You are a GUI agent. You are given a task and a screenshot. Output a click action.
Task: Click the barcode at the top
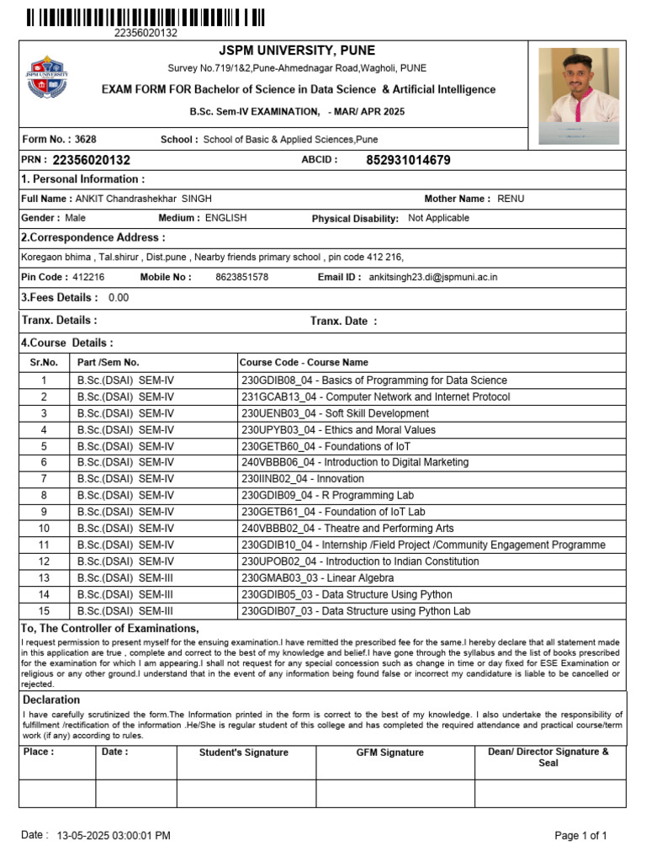(x=146, y=17)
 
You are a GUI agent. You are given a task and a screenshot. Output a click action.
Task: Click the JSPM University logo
(x=47, y=77)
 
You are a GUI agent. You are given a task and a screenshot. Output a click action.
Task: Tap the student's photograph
(x=579, y=95)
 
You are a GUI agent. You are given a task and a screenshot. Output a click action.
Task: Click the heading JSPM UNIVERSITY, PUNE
(x=297, y=51)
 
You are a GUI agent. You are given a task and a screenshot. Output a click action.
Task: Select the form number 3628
(x=85, y=139)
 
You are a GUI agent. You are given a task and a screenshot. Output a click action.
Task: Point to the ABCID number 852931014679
(x=408, y=160)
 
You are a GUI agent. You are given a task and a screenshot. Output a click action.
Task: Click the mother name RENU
(x=510, y=199)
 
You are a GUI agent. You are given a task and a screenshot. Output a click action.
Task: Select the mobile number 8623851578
(x=242, y=277)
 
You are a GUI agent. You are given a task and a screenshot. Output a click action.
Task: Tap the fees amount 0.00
(x=119, y=298)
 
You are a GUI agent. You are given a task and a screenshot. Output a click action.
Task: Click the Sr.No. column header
(x=44, y=363)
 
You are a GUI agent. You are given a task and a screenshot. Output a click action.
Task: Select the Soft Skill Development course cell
(x=335, y=413)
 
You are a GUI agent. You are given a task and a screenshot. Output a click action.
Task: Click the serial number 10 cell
(x=44, y=529)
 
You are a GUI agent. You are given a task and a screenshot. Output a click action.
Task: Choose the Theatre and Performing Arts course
(x=347, y=529)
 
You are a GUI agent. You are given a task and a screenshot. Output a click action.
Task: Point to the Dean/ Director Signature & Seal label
(x=548, y=758)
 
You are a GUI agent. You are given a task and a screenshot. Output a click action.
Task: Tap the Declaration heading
(x=51, y=700)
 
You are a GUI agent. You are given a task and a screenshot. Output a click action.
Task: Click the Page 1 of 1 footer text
(x=580, y=836)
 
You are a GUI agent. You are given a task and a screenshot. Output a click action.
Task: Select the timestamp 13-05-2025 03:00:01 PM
(x=114, y=836)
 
